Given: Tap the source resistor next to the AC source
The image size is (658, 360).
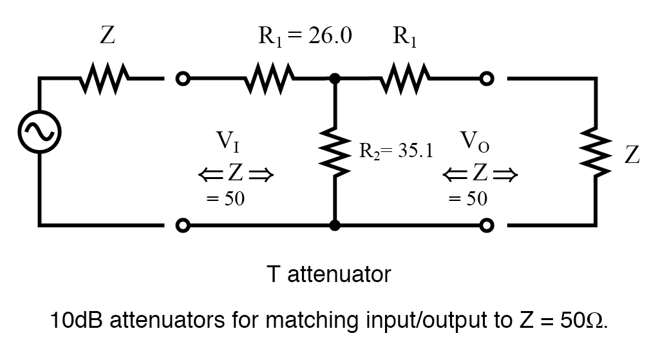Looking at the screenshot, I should coord(107,80).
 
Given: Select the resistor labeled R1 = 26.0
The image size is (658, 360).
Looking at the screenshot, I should coord(270,80).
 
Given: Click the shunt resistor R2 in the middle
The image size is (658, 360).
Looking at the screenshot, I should coord(335,153).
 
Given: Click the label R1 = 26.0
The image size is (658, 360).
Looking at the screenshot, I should coord(305,36).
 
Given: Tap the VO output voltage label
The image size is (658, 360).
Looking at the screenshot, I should coord(475,141).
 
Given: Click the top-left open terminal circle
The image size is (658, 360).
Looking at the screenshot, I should coord(183,79).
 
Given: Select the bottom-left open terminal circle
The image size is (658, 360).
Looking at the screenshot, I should coord(183,225).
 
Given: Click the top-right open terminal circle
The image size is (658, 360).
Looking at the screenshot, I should coord(487,79).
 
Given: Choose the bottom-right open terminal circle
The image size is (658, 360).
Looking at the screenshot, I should coord(487,225).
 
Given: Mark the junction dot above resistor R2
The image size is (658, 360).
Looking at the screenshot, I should coord(335,79).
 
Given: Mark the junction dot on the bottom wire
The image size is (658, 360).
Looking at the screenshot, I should coord(335,225).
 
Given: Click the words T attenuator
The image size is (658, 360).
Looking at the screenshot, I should coord(328,275).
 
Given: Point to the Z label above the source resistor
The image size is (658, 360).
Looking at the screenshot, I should coord(108,36).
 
